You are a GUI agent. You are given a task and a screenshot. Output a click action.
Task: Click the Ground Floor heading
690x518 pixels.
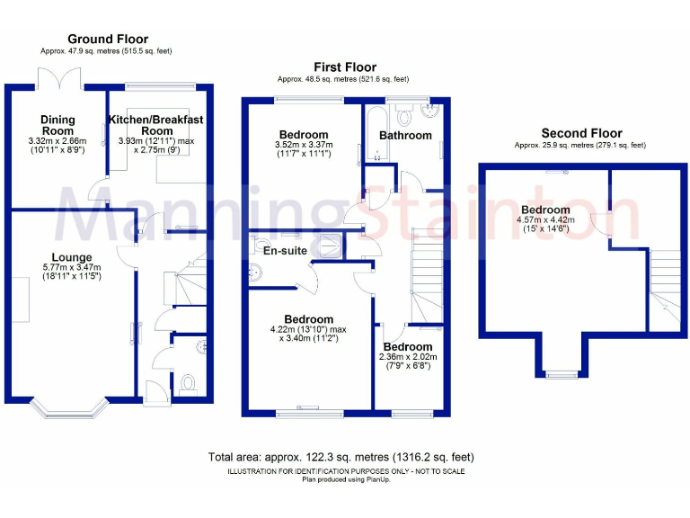pyautogui.click(x=108, y=39)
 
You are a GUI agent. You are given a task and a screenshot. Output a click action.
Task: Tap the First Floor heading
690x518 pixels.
pyautogui.click(x=344, y=67)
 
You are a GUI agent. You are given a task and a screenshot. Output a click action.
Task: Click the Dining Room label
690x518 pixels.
pyautogui.click(x=57, y=125)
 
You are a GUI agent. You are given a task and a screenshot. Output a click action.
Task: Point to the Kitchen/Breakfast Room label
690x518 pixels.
pyautogui.click(x=156, y=125)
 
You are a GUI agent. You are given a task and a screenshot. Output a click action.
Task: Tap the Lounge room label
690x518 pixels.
pyautogui.click(x=71, y=257)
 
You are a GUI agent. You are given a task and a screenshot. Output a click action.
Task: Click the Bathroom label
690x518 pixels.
pyautogui.click(x=405, y=136)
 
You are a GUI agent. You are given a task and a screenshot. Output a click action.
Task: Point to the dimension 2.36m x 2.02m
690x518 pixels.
pyautogui.click(x=408, y=357)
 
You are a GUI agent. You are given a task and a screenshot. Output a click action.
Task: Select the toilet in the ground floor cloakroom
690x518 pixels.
pyautogui.click(x=189, y=384)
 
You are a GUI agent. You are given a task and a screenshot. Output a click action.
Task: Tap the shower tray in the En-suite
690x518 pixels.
pyautogui.click(x=329, y=246)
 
